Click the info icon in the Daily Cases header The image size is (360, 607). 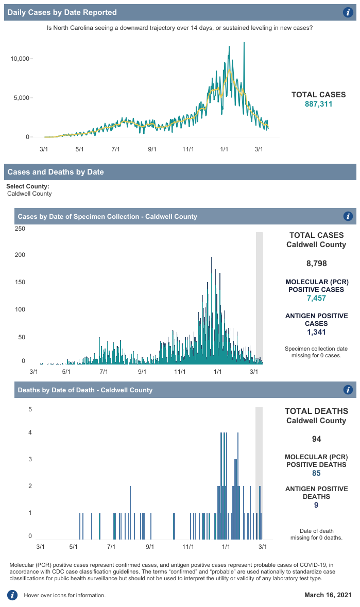pyautogui.click(x=348, y=12)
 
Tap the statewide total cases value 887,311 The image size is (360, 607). pyautogui.click(x=319, y=104)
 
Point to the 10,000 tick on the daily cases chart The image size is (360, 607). pyautogui.click(x=20, y=59)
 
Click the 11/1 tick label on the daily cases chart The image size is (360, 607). pyautogui.click(x=188, y=149)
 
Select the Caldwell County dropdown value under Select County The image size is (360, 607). pyautogui.click(x=29, y=194)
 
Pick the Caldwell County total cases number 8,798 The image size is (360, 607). pyautogui.click(x=316, y=264)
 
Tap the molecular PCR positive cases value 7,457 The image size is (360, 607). pyautogui.click(x=316, y=298)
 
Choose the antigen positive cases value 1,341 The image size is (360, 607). pyautogui.click(x=316, y=333)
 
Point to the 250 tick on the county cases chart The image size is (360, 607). pyautogui.click(x=20, y=228)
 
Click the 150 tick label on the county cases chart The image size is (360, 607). pyautogui.click(x=20, y=282)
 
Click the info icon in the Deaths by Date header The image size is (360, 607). pyautogui.click(x=348, y=390)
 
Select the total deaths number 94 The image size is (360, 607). pyautogui.click(x=316, y=439)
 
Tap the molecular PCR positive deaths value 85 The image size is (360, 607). pyautogui.click(x=316, y=473)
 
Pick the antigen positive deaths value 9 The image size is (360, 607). pyautogui.click(x=316, y=506)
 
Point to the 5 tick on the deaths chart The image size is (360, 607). pyautogui.click(x=30, y=410)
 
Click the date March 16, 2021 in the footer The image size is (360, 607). pyautogui.click(x=328, y=595)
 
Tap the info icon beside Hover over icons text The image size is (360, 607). pyautogui.click(x=12, y=595)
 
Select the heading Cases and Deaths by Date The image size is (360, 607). pyautogui.click(x=56, y=172)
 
